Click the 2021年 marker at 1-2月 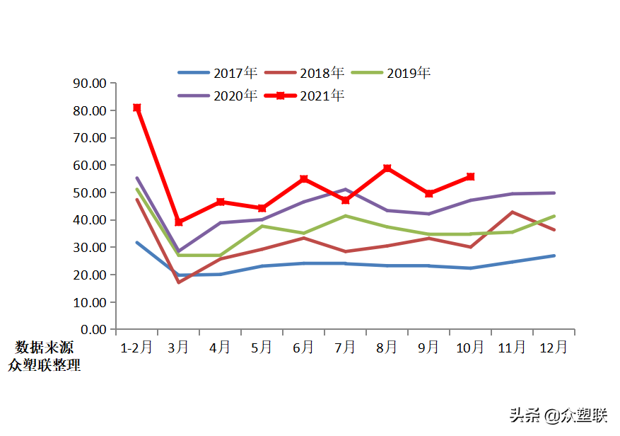(137, 108)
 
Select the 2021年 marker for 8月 (387, 168)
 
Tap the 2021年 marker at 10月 (471, 176)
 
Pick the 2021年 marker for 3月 (179, 222)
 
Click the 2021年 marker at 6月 (304, 179)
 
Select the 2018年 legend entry (305, 73)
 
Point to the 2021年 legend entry (305, 96)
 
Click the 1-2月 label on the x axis (136, 348)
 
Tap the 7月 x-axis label (346, 348)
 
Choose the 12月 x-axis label (554, 348)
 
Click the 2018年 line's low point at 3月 (179, 282)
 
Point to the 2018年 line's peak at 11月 (513, 212)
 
